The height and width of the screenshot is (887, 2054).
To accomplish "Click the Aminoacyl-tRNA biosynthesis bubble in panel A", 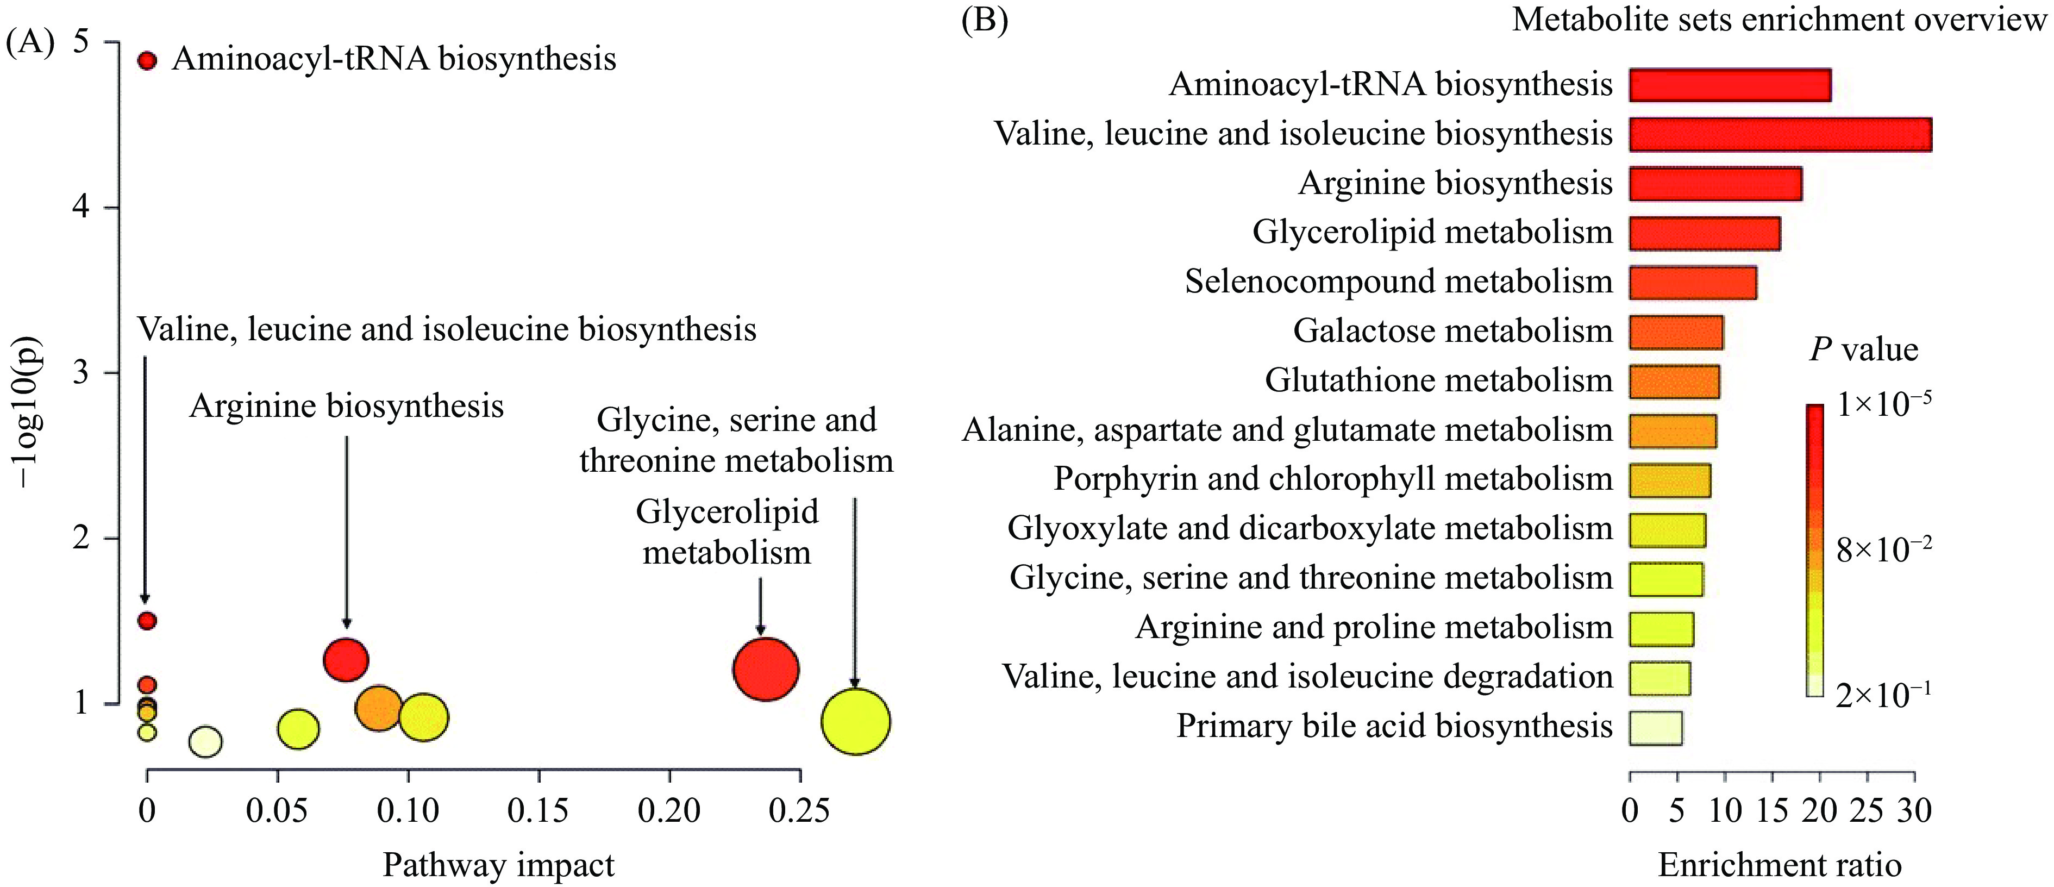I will click(x=147, y=61).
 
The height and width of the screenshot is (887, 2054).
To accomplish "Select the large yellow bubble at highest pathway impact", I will click(x=856, y=721).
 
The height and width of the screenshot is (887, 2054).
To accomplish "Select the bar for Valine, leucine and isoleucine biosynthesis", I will click(x=1780, y=134).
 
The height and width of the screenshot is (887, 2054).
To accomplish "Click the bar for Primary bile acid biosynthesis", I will click(x=1655, y=727).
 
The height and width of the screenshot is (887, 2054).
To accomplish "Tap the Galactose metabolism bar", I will click(x=1676, y=332).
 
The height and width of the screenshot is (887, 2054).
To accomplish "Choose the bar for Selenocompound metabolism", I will click(x=1693, y=283).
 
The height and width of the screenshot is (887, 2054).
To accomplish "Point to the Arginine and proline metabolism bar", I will click(x=1661, y=628).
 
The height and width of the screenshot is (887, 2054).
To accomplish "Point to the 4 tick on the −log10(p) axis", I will click(x=80, y=208).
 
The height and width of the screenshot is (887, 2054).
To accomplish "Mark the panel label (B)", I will click(x=985, y=19).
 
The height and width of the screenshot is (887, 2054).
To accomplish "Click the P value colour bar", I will click(x=1815, y=551).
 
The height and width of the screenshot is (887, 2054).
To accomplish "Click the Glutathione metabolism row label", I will click(x=1438, y=380).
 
